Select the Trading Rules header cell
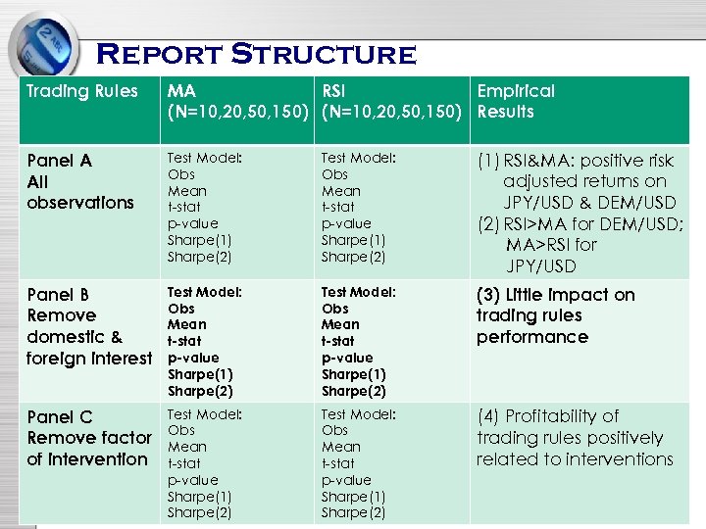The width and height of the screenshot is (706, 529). point(82,92)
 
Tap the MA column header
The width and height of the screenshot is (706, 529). point(181,92)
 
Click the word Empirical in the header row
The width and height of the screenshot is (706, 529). point(516,92)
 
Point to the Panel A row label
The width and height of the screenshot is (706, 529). point(60,161)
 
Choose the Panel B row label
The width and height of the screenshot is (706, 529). point(59,295)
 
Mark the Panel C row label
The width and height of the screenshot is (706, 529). point(60,417)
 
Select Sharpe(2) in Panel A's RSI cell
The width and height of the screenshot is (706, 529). point(353,257)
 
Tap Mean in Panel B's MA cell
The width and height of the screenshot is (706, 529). point(187,324)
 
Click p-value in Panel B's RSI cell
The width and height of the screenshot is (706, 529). point(346,358)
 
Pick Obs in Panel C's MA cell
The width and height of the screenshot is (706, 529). point(181,430)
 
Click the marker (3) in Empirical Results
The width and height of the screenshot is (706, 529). point(489,295)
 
